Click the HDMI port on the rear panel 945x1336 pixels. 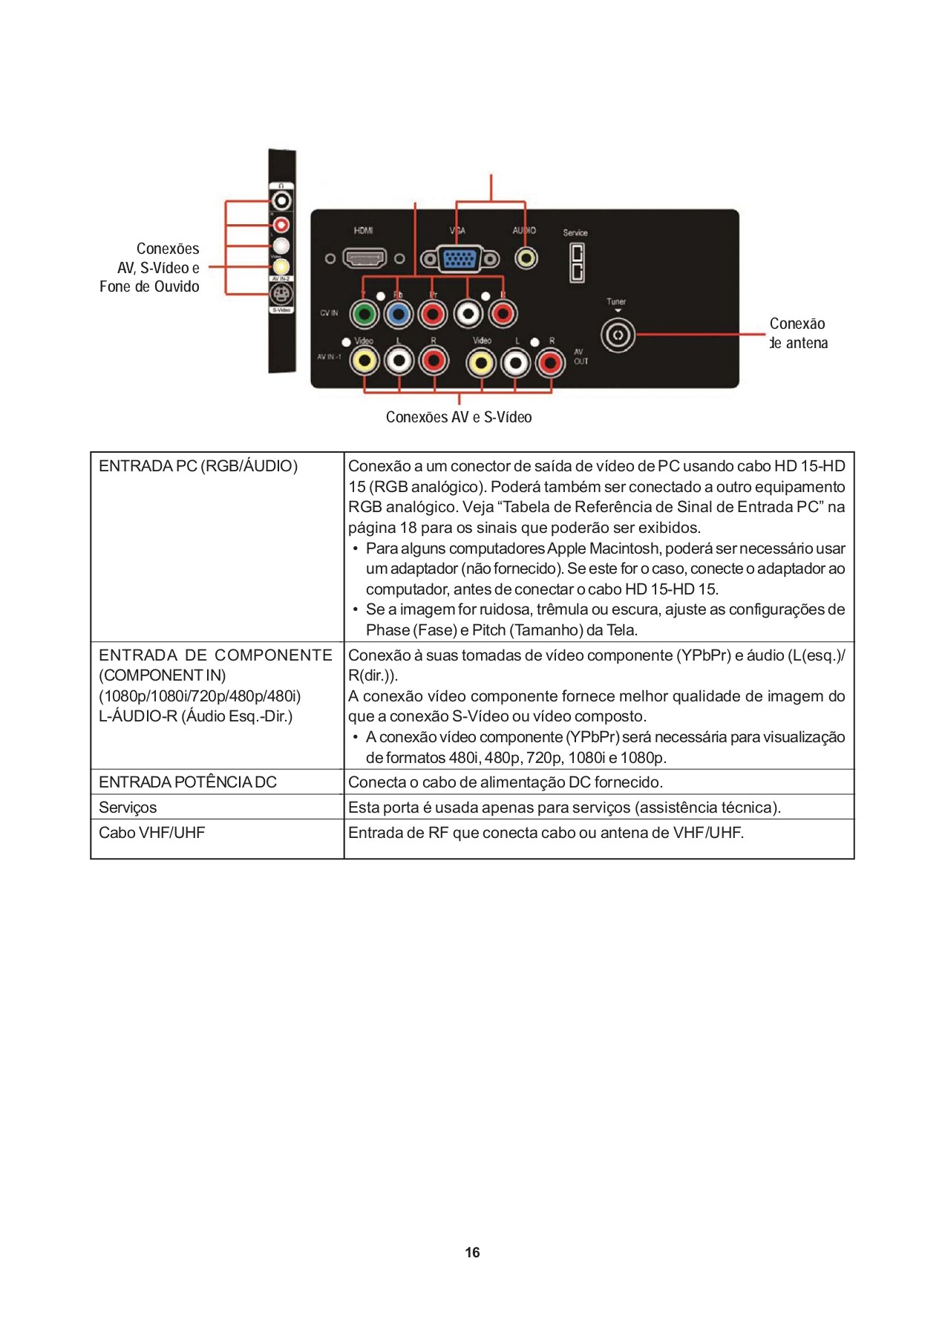coord(364,258)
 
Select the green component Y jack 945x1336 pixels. coord(364,315)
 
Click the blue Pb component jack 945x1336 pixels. coord(399,315)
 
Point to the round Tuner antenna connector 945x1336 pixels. coord(618,335)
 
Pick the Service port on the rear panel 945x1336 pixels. coord(576,263)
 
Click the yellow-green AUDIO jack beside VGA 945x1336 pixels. coord(526,258)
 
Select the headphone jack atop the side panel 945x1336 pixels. coord(281,200)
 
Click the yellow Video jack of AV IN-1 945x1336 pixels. coord(364,361)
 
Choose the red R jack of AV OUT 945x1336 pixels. coord(550,363)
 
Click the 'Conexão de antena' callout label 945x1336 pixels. coord(798,333)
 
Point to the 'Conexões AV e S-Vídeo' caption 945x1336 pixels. coord(459,417)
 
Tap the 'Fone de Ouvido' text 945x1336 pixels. coord(149,286)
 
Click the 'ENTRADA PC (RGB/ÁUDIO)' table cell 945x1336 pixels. coord(198,466)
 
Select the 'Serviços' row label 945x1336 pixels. coord(128,808)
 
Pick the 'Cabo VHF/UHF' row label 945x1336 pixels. coord(151,833)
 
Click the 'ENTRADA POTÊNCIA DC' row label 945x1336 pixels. coord(188,782)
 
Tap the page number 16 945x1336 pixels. coord(472,1253)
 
